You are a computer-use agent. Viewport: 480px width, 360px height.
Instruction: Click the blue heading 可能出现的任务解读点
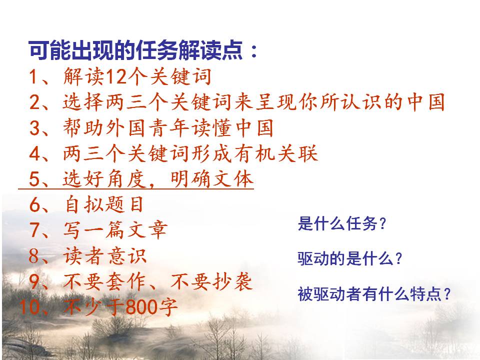coord(135,49)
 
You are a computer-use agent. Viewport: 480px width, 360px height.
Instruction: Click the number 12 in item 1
coord(115,76)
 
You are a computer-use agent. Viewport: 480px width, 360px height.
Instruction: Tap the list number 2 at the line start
coord(34,102)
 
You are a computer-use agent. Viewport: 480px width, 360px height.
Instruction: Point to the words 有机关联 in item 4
coord(276,153)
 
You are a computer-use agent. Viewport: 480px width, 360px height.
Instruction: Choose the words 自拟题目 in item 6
coord(104,204)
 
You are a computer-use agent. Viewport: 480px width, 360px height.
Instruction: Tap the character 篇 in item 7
coord(114,230)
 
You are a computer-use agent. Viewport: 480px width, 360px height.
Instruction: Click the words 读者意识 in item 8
coord(105,256)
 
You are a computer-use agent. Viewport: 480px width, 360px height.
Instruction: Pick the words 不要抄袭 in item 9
coord(211,281)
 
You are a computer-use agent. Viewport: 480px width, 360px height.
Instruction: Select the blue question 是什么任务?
coord(341,223)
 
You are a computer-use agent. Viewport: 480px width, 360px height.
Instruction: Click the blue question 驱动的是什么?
coord(349,258)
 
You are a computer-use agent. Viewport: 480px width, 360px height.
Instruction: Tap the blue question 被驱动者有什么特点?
coord(374,294)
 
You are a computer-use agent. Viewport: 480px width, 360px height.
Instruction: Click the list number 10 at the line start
coord(29,307)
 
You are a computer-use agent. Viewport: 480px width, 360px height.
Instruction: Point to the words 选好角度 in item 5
coord(104,179)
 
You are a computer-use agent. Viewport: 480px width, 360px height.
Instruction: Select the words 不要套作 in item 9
coord(105,281)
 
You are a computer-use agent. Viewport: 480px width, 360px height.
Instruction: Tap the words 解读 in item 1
coord(83,76)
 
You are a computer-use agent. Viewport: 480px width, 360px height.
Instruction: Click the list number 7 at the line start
coord(34,230)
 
